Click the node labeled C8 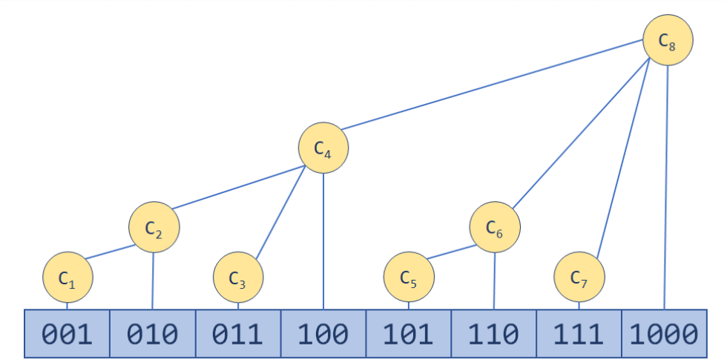point(668,40)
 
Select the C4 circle point(323,148)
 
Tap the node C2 point(154,227)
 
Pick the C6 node point(495,227)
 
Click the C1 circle point(68,278)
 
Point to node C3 point(238,278)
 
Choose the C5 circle point(409,278)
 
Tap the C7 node point(579,278)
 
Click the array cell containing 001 point(68,334)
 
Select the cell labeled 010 point(153,334)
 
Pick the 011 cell point(238,334)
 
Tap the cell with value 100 point(323,334)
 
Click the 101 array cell point(409,334)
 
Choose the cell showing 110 point(494,334)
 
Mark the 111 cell point(579,334)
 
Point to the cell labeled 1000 point(664,334)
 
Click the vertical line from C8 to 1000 point(666,186)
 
